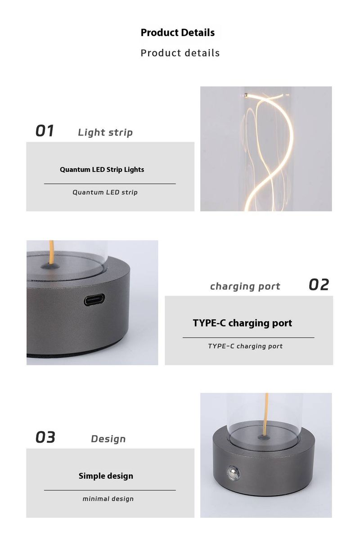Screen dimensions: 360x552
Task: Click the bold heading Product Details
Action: [178, 32]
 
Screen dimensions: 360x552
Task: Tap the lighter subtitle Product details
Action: [180, 53]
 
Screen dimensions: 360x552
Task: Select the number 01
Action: [45, 130]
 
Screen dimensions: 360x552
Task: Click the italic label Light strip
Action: [105, 132]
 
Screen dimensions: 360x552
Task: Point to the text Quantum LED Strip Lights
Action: [102, 170]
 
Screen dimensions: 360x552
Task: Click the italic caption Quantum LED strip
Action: [105, 192]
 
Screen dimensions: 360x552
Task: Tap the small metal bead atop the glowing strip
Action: [246, 95]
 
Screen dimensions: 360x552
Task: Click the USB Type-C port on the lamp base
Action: [94, 300]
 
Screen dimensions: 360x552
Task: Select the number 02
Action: [319, 285]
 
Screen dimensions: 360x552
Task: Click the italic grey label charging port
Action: [245, 287]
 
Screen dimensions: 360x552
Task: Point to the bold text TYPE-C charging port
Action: [243, 323]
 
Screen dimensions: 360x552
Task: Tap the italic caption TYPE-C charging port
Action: [245, 346]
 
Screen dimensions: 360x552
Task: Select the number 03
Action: [45, 437]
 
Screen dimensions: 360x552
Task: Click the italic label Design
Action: [108, 439]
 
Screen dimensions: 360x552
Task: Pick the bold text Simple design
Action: [106, 476]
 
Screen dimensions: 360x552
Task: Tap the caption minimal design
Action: [108, 499]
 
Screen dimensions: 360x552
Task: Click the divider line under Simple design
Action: [110, 490]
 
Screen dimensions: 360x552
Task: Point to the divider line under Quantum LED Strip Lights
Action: [110, 184]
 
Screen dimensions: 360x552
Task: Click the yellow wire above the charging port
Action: [51, 252]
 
